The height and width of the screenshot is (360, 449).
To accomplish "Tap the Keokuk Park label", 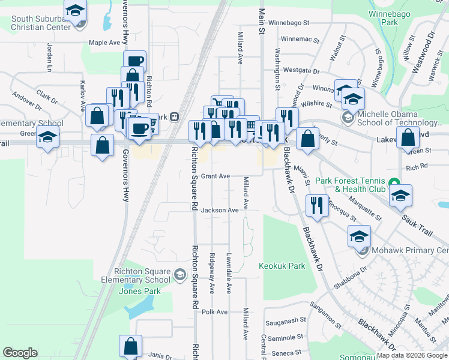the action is point(282,265).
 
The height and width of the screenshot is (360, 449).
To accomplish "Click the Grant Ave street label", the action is point(215,176).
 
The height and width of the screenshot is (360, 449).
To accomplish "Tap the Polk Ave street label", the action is point(215,312).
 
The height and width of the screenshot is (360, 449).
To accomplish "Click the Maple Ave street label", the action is point(104,43).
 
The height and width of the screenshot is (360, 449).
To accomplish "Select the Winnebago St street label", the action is point(288,23).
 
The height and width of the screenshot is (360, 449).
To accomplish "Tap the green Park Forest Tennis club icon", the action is point(393,182).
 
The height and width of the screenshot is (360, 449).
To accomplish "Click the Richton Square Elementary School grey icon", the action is point(179,275).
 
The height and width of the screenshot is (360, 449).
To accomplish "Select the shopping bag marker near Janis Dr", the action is point(130,346).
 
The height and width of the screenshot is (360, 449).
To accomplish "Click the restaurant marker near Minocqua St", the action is point(316,205).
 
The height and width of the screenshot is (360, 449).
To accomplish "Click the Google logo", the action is point(20,353).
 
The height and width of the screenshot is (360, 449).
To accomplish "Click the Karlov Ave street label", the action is point(83,97).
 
